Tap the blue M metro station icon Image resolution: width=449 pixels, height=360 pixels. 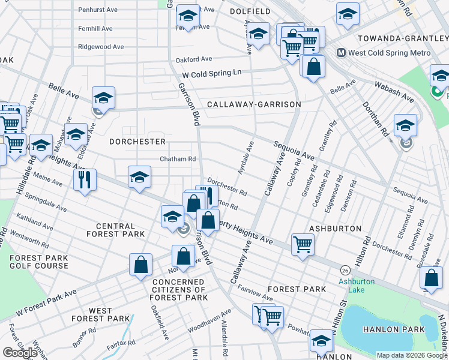[x=341, y=53]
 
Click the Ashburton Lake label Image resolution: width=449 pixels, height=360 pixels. [x=357, y=286]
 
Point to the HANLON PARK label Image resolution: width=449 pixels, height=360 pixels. [x=388, y=329]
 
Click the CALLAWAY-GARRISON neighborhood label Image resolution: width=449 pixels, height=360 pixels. [x=253, y=104]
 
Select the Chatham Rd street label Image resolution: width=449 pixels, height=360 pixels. [x=178, y=159]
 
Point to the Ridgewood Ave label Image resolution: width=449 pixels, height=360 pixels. [x=101, y=47]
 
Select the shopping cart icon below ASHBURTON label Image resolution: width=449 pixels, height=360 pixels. [x=303, y=244]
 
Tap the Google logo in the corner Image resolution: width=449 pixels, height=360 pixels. [x=20, y=353]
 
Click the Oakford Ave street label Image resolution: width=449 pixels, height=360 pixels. [x=194, y=59]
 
